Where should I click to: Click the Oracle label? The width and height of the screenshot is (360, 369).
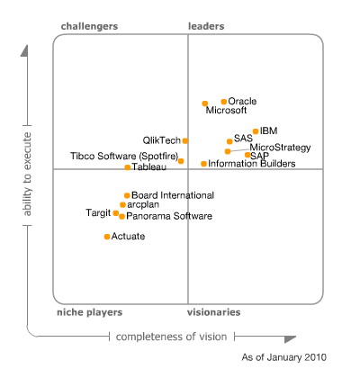243,101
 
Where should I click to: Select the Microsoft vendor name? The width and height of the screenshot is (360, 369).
226,111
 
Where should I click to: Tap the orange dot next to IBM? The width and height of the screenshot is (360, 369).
256,131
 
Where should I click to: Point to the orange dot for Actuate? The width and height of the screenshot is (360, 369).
107,237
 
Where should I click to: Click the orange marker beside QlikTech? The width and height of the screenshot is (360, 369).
185,140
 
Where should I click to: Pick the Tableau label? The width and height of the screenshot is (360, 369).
148,167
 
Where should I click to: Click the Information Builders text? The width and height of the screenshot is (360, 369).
246,164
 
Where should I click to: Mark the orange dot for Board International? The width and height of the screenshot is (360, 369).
127,195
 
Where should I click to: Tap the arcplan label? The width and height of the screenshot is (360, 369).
144,205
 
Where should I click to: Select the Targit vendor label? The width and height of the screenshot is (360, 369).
98,213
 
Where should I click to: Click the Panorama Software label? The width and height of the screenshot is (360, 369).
169,216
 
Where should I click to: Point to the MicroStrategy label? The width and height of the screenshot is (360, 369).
280,147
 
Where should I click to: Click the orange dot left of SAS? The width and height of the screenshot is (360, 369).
229,140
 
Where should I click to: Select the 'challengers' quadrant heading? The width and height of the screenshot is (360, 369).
89,26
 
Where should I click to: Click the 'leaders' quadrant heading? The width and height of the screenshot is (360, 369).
206,26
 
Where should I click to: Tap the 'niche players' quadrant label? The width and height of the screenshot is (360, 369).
91,312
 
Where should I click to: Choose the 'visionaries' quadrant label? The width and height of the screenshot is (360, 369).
213,312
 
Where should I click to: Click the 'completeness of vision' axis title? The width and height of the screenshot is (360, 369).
171,337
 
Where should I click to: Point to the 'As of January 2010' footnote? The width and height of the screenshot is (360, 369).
283,357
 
